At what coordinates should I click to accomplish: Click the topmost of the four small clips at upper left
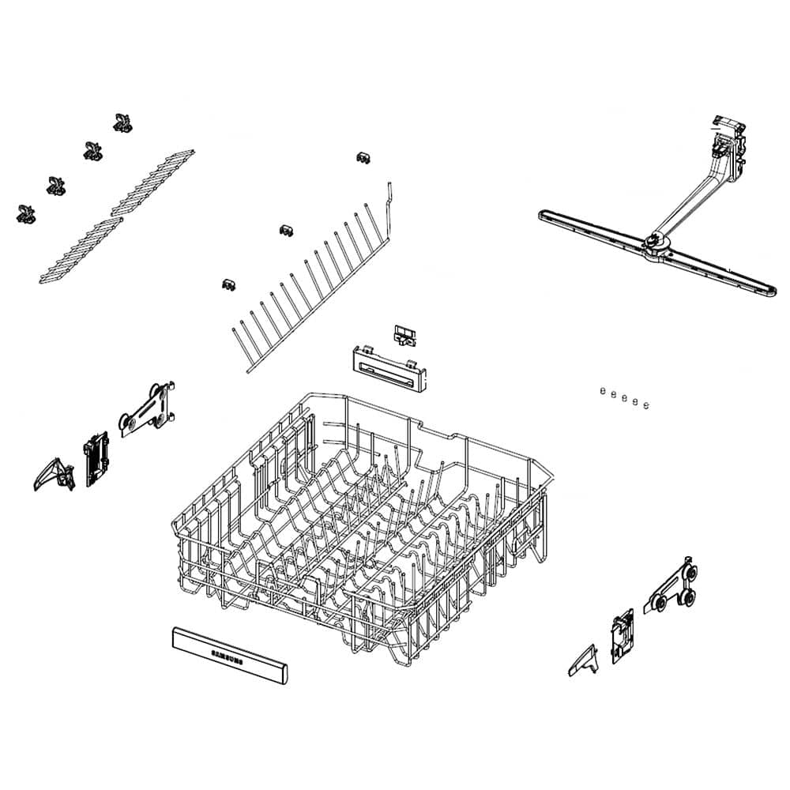pos(122,122)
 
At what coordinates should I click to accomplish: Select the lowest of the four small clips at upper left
pos(25,213)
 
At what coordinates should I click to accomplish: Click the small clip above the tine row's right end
pos(363,157)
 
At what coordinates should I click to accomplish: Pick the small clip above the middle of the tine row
pos(288,230)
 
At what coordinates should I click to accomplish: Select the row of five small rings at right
pos(624,398)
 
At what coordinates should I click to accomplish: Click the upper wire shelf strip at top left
pos(153,181)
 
